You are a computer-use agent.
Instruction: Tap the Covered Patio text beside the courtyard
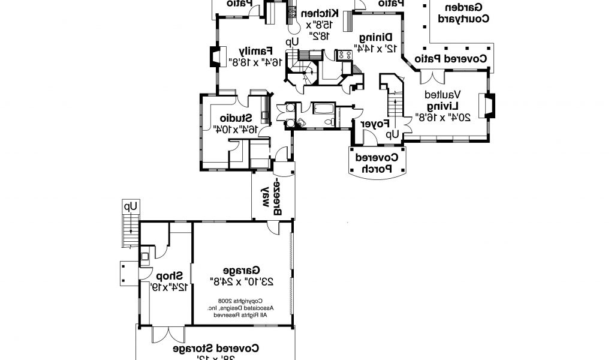click(x=462, y=59)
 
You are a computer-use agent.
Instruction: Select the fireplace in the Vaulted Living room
click(x=490, y=106)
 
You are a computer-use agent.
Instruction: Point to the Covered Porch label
click(x=377, y=163)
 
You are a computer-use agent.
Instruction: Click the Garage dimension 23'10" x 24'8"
click(x=240, y=280)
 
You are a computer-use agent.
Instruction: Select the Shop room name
click(x=170, y=275)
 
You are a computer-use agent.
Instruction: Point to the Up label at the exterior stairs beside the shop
click(x=130, y=206)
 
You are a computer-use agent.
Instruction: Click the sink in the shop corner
click(x=145, y=258)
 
